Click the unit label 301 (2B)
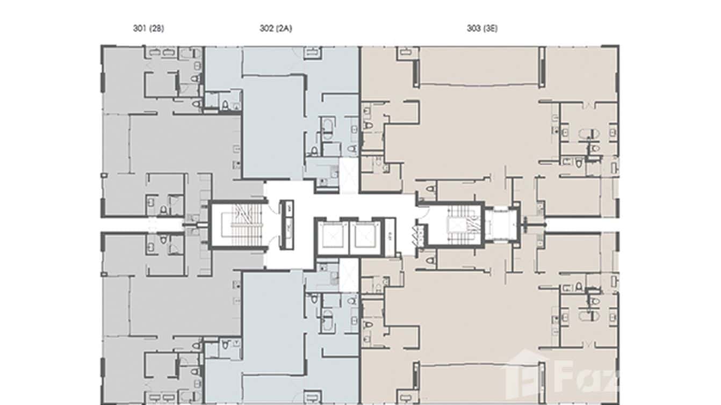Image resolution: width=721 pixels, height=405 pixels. point(148,29)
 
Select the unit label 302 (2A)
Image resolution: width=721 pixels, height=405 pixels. point(275,29)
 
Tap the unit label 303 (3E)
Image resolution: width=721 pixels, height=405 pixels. point(482,29)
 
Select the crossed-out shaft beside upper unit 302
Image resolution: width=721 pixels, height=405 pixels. point(348,176)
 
